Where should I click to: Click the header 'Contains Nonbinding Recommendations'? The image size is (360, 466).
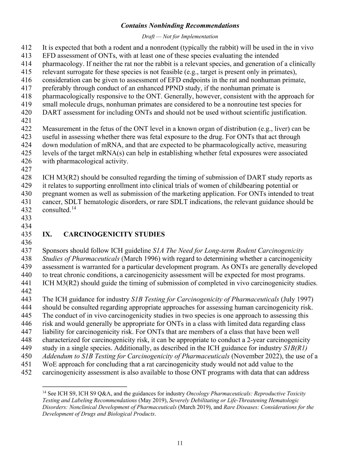click(180, 26)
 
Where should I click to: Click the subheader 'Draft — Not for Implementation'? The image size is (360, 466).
click(180, 37)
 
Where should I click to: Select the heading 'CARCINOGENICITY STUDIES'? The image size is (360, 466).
click(114, 234)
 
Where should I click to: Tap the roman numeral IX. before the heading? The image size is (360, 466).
click(47, 234)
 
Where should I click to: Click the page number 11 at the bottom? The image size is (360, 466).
click(180, 443)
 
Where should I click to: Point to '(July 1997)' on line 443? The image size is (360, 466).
click(297, 299)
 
